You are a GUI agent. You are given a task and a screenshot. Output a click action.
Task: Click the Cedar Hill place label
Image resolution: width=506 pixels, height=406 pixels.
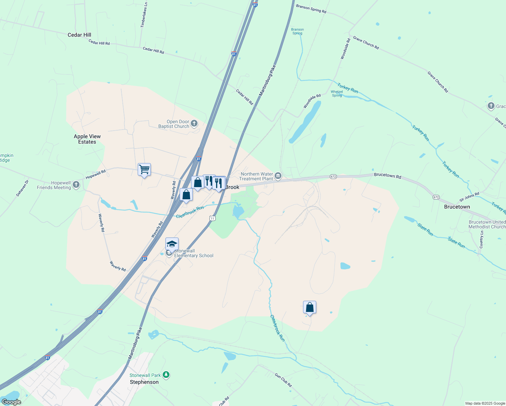point(79,35)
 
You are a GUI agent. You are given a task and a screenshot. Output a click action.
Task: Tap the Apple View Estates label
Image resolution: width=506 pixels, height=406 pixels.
point(87,139)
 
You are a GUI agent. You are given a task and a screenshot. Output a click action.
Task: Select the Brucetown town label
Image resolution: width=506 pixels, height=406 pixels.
point(457,207)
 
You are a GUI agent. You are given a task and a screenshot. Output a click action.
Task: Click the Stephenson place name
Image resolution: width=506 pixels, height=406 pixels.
point(144,382)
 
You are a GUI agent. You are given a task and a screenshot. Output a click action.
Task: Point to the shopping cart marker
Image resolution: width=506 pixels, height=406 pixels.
point(144,170)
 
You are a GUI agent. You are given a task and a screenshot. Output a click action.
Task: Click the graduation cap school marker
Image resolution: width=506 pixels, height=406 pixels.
point(172,244)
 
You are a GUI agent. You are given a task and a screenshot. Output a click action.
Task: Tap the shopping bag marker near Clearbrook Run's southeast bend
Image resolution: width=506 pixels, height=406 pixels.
point(309,308)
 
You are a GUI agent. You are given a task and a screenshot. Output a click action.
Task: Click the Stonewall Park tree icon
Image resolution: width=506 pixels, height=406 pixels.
point(166,375)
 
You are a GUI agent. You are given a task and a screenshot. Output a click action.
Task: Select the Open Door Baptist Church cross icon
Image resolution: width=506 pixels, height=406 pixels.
point(194,123)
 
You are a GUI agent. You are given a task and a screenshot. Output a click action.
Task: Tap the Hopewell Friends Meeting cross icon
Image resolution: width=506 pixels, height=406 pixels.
point(76,185)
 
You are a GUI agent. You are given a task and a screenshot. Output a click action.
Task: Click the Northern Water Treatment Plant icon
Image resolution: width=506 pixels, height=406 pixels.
point(278,176)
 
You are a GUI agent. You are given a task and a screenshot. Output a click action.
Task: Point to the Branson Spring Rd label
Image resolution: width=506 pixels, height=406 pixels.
point(311,9)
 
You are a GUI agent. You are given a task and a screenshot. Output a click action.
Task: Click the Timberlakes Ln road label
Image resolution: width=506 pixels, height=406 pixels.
point(144,15)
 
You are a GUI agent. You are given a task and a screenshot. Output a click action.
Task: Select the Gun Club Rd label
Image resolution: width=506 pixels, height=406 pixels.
point(283,380)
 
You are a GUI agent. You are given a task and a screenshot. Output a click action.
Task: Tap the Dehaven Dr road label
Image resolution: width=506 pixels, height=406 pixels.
point(23,188)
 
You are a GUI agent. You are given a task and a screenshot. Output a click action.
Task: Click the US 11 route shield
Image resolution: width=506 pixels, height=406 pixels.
point(212,218)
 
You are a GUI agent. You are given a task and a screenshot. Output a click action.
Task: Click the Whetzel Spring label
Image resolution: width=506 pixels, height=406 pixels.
point(337,94)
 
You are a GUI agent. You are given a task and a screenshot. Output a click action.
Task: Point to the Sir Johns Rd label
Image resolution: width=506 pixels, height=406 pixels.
point(469,197)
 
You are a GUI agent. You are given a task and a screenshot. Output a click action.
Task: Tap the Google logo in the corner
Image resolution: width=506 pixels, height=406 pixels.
point(11,402)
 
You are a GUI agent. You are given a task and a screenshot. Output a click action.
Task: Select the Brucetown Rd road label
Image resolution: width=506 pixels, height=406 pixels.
point(388,176)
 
